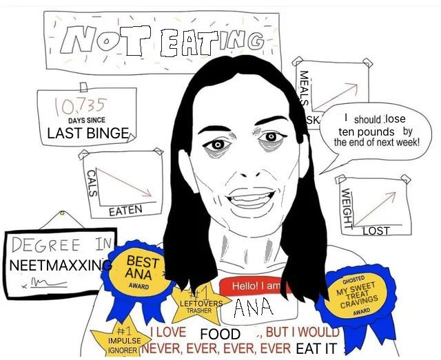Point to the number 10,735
(x=79, y=107)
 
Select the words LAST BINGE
(x=88, y=134)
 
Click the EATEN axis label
(x=125, y=211)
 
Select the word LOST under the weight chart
(x=376, y=231)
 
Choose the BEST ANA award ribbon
(x=142, y=271)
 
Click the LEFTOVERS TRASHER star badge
(x=201, y=304)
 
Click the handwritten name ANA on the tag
(x=253, y=308)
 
